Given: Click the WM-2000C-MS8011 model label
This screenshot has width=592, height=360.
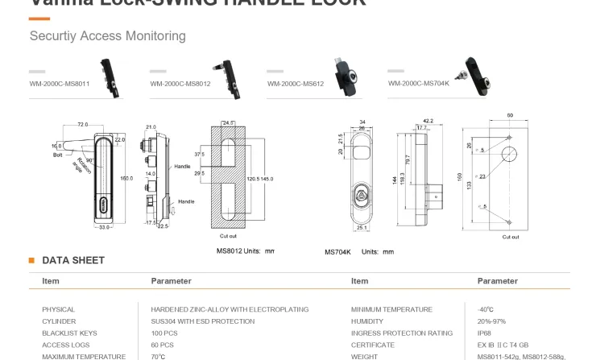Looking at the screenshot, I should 59,83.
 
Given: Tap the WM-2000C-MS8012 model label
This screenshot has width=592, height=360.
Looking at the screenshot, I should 180,83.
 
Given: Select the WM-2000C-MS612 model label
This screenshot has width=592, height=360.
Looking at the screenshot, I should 295,83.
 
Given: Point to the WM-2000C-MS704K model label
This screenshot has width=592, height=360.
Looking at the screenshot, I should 418,83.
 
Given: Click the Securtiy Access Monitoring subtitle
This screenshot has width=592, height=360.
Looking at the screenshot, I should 107,36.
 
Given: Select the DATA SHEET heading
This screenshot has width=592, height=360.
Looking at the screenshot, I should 72,260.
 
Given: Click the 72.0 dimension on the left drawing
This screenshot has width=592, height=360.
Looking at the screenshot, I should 82,125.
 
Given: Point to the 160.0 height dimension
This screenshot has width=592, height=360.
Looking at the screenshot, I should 126,177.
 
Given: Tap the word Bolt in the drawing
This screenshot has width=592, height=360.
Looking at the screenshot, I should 57,154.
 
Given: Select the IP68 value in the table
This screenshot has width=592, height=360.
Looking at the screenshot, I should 484,333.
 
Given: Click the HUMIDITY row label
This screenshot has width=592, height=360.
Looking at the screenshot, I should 367,321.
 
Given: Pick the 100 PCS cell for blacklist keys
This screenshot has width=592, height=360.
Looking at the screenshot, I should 164,333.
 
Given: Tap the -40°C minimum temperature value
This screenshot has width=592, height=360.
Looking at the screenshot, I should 486,309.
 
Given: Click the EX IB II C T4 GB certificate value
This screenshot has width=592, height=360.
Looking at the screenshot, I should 503,345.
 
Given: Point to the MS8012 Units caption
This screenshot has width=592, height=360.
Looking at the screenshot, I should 245,250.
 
